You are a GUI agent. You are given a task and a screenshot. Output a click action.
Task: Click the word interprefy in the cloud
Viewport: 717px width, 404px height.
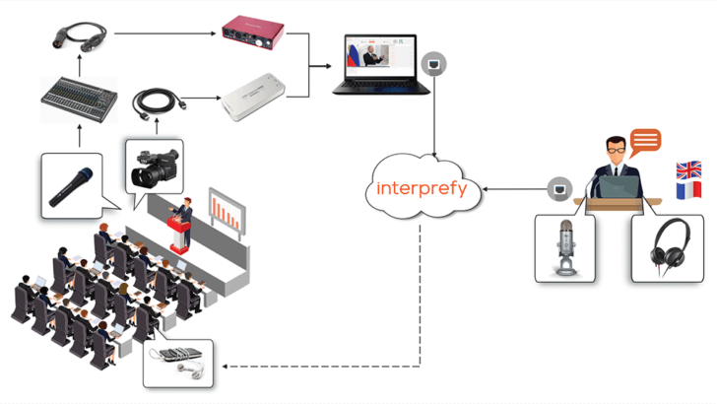[422, 188]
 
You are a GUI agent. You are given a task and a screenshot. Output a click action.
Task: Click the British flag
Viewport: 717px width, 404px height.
[688, 169]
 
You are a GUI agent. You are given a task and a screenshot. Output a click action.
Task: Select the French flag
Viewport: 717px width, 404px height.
[688, 190]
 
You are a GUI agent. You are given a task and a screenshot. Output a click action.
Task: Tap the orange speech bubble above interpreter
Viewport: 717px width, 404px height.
[645, 141]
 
